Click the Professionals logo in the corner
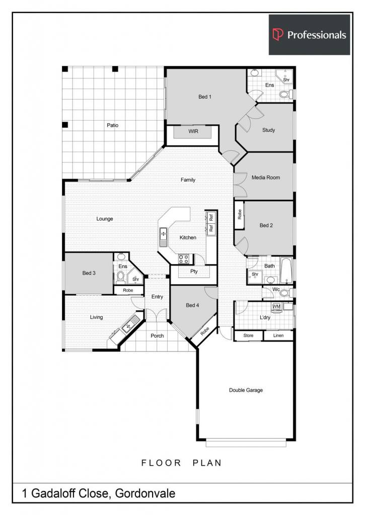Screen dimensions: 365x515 310,35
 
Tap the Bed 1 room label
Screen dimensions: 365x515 205,97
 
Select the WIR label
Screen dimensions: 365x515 193,131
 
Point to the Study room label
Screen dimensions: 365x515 269,130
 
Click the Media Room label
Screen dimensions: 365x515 266,178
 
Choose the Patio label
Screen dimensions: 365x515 112,125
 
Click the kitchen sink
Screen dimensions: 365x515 164,237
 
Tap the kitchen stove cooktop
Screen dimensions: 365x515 183,259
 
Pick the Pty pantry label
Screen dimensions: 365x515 194,271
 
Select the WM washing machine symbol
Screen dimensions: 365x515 276,307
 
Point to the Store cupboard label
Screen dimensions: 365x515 248,335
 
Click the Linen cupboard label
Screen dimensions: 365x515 278,335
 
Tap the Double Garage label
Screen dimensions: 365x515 246,390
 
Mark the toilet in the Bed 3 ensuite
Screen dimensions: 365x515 121,278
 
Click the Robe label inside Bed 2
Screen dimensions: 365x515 239,214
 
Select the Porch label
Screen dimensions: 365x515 157,335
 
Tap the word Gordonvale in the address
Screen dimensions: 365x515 145,493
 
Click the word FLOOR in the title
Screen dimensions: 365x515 161,463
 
